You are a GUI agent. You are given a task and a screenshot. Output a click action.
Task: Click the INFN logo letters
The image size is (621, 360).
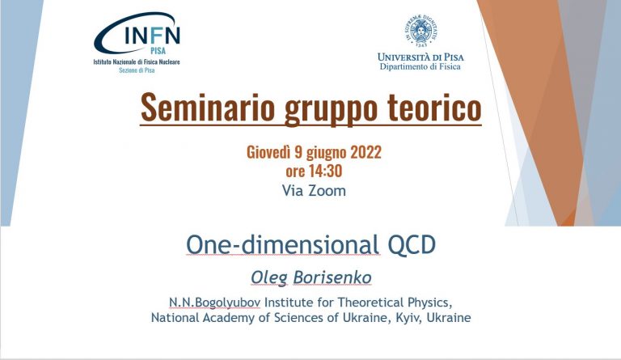click(x=153, y=35)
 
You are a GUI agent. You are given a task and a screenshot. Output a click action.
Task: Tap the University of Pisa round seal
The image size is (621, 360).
click(x=420, y=30)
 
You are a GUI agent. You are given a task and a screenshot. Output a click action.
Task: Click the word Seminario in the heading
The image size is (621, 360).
click(x=208, y=108)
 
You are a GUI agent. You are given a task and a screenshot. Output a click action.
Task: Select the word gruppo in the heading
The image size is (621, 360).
click(x=331, y=109)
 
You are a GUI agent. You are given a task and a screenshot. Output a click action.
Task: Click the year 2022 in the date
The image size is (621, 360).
click(x=365, y=152)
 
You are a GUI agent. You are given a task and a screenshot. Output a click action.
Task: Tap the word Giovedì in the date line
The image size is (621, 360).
click(x=268, y=152)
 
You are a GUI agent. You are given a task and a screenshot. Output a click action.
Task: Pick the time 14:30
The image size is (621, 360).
click(x=326, y=171)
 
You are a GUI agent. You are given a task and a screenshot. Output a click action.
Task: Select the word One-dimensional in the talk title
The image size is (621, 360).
click(x=283, y=244)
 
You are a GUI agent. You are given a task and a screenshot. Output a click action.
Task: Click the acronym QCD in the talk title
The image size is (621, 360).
click(x=412, y=245)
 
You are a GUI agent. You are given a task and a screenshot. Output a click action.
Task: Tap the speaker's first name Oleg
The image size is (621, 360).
click(x=269, y=278)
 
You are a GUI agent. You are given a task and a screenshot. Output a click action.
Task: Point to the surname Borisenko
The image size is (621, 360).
click(x=332, y=277)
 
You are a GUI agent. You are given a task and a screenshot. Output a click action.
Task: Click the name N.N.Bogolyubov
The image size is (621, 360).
click(x=214, y=303)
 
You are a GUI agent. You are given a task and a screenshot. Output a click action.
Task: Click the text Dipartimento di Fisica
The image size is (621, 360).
click(x=420, y=66)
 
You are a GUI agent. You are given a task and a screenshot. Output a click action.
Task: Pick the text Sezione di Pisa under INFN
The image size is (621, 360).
click(x=137, y=70)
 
